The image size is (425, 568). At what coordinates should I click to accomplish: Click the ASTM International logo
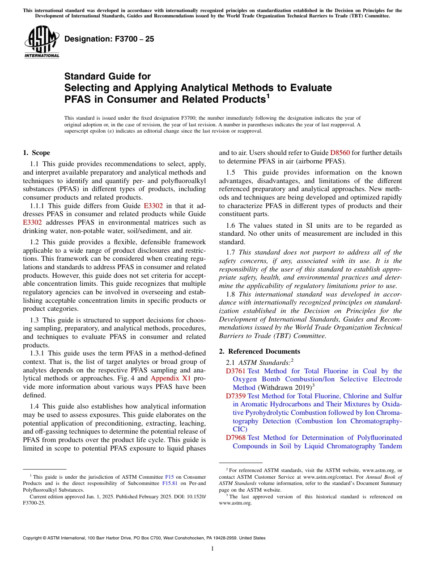pos(42,42)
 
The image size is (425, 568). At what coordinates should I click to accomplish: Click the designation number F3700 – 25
pos(109,39)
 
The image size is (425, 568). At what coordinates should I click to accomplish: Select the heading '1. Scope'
pos(36,153)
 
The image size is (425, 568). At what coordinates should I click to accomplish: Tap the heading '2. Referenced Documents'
pos(259,351)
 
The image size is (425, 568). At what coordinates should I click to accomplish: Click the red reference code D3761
pos(235,371)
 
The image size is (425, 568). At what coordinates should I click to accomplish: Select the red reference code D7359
pos(235,396)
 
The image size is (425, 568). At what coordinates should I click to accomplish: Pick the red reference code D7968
pos(235,438)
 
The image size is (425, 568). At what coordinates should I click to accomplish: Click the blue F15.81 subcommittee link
pos(170,483)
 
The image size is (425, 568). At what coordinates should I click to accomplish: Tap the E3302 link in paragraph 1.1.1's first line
pos(153,206)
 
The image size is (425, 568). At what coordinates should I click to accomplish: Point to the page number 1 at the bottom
pos(212,549)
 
